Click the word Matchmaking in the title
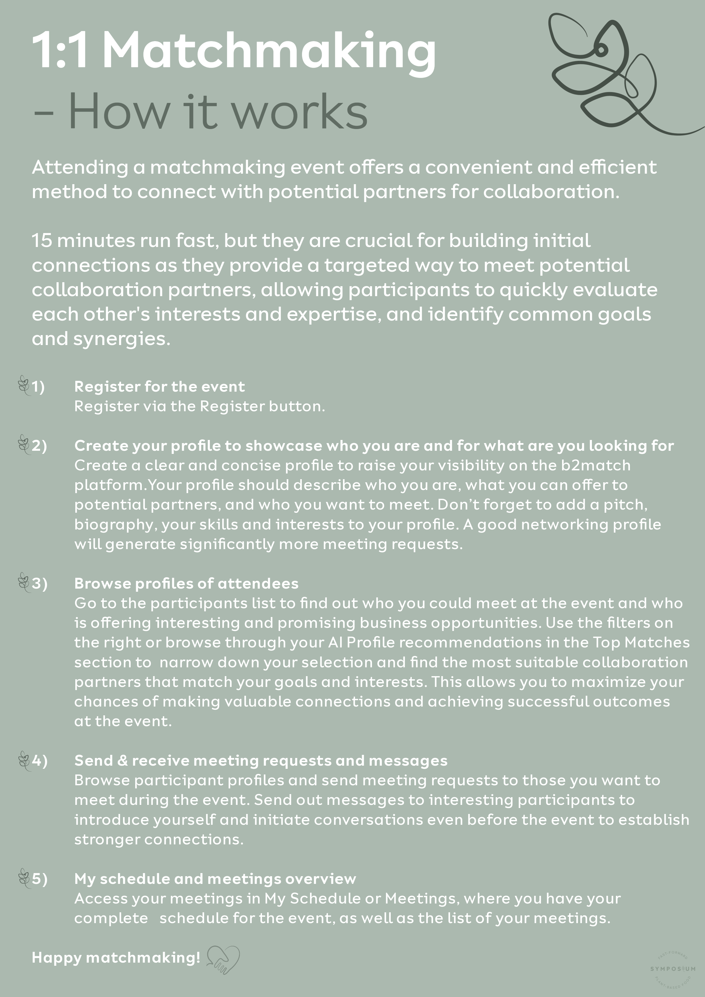pos(269,51)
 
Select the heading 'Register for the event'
pos(159,387)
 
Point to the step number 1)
pos(38,387)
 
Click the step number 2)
pos(39,446)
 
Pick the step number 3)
pos(39,583)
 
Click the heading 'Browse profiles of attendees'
pos(186,583)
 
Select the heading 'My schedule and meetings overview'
pos(215,878)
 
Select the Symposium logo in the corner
pos(672,968)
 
